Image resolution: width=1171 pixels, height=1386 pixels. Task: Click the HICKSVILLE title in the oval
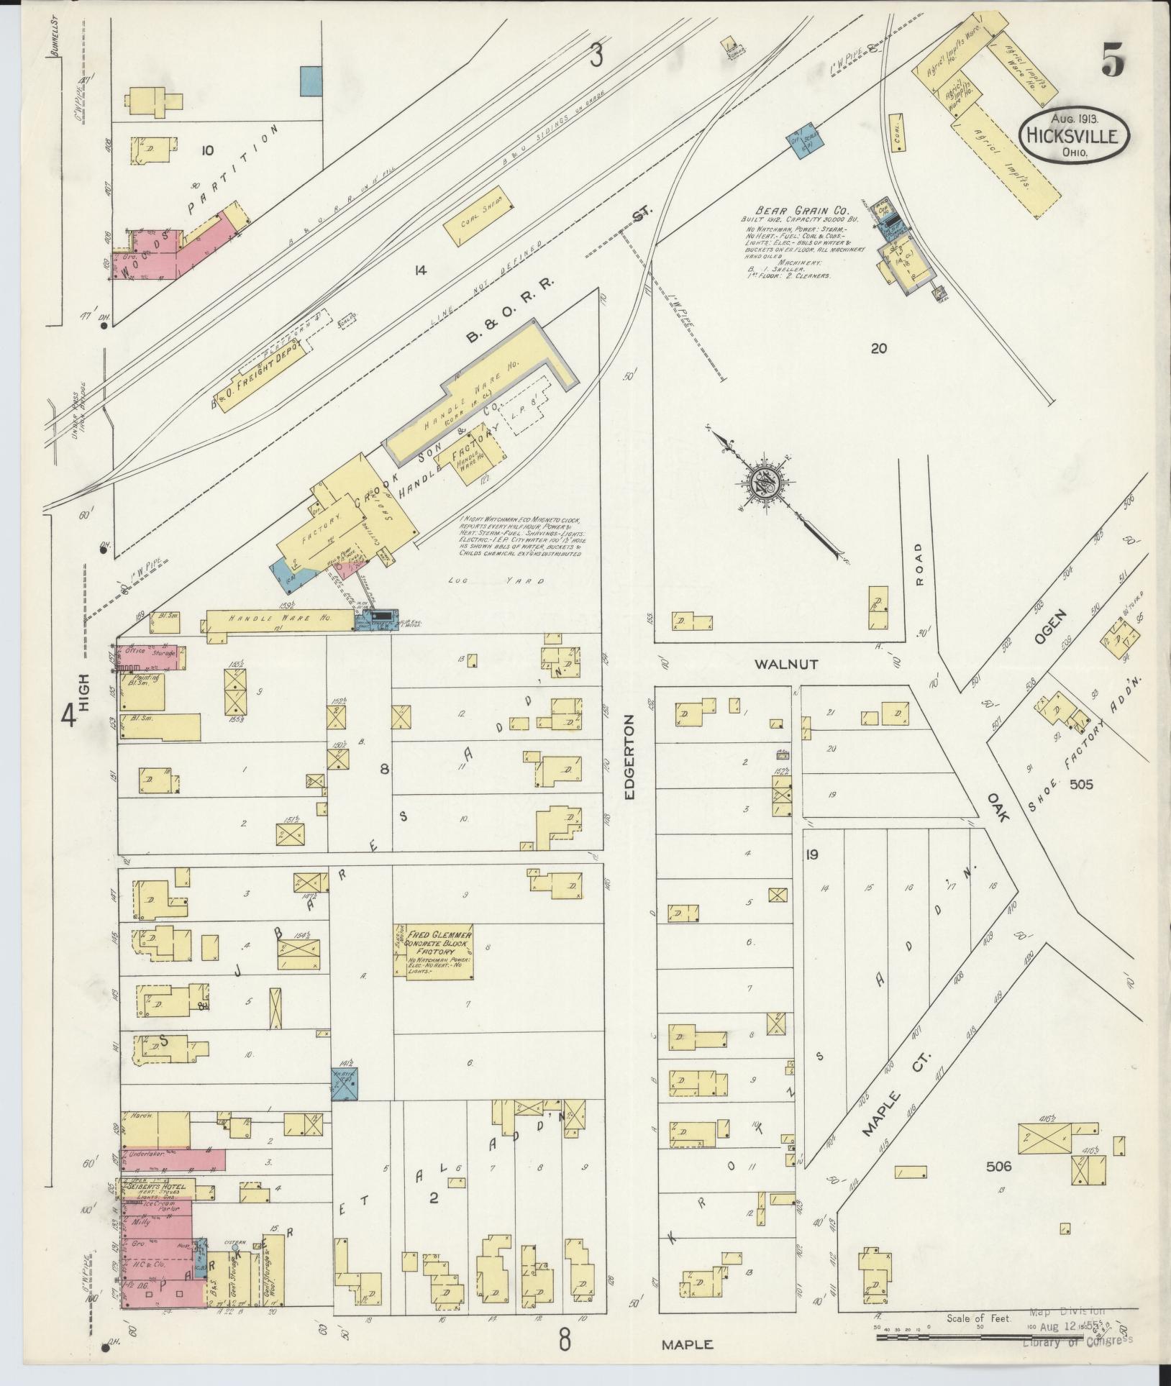point(1072,136)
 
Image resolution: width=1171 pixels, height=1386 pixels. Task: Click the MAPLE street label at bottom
point(688,1344)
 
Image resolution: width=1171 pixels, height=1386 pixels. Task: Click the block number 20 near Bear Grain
point(878,349)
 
